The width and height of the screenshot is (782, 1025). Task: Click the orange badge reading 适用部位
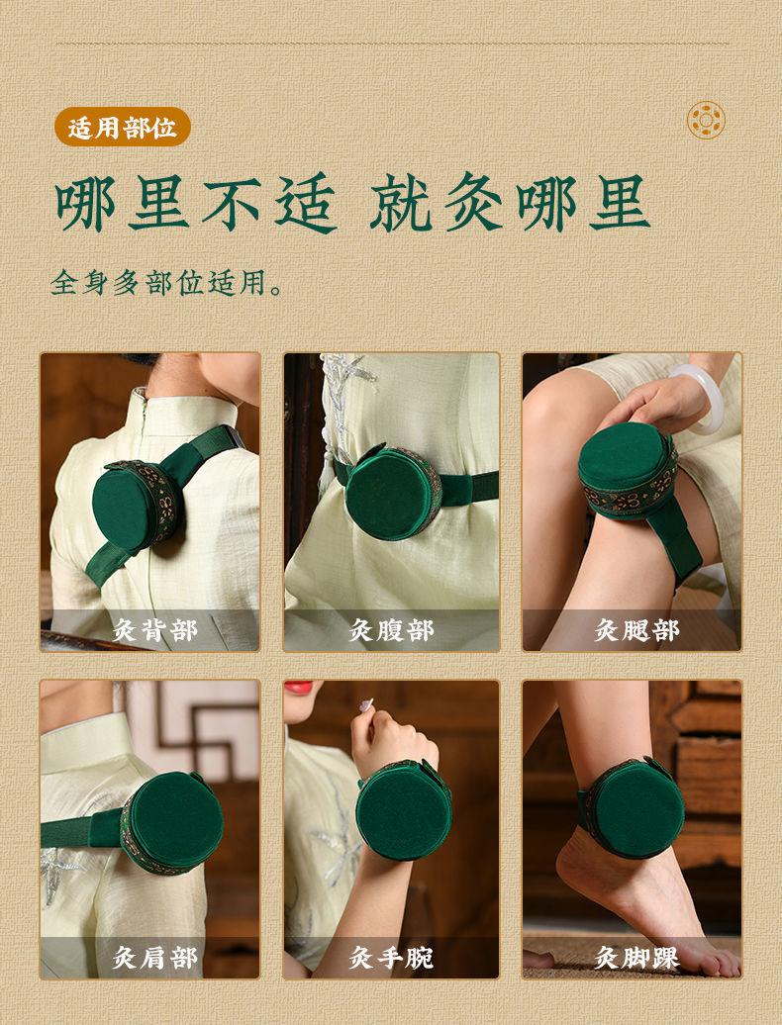[x=123, y=127]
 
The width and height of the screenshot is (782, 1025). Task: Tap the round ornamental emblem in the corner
[x=706, y=121]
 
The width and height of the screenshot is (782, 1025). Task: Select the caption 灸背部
[x=154, y=631]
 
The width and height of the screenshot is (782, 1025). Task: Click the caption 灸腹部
[x=391, y=631]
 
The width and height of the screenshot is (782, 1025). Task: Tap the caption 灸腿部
[x=636, y=630]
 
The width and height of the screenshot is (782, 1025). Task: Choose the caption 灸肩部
[x=154, y=959]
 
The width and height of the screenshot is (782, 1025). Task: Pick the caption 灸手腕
[x=391, y=959]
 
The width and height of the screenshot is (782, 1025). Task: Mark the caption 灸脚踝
[x=636, y=959]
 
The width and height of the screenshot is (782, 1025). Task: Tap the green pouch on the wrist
[x=404, y=809]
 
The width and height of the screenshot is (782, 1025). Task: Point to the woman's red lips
[x=298, y=687]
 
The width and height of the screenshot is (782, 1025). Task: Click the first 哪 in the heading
[x=86, y=203]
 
